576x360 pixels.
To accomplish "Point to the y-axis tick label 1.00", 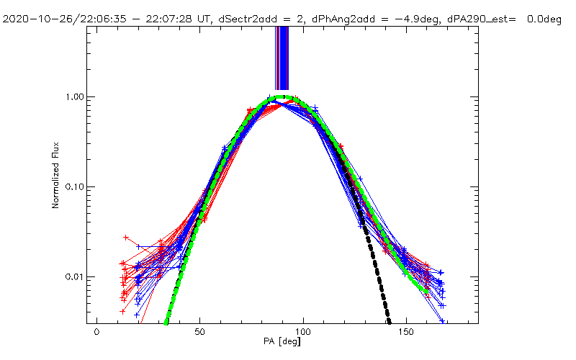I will point(77,97).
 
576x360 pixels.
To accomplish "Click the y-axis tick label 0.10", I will point(77,187).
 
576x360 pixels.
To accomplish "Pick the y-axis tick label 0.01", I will point(77,277).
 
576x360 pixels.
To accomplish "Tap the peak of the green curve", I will point(283,96).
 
